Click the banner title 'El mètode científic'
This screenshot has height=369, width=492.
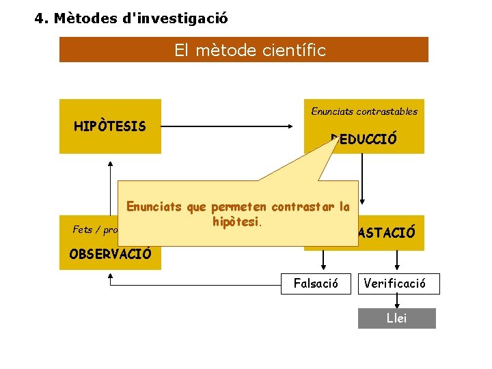click(x=250, y=51)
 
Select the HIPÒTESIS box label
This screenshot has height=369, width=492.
click(x=109, y=126)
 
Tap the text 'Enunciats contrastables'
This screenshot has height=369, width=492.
click(x=364, y=111)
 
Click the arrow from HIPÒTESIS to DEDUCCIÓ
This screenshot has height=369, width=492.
click(x=232, y=126)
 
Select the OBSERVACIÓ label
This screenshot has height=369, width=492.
click(x=110, y=254)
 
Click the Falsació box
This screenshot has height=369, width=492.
click(x=316, y=284)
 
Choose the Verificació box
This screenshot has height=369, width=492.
click(x=398, y=284)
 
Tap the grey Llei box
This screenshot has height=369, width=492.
click(x=396, y=318)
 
